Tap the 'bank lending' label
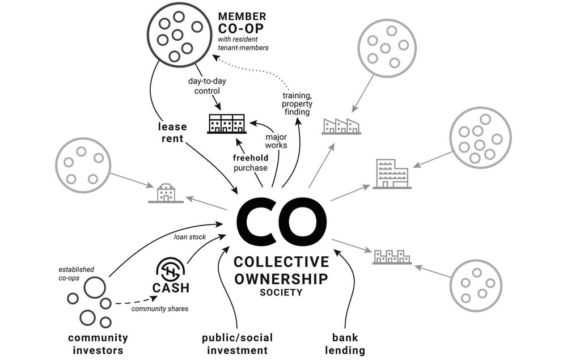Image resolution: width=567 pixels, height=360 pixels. (345, 344)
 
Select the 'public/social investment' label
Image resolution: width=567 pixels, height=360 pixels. (234, 344)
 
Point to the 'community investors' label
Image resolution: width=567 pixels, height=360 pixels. (98, 344)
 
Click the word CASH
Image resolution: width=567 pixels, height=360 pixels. (170, 288)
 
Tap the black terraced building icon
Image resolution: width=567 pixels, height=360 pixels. (227, 124)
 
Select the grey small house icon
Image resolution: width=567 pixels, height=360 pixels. (165, 194)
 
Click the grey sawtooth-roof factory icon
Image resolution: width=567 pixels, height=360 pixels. (341, 126)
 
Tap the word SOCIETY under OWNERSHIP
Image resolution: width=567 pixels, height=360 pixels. (282, 293)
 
